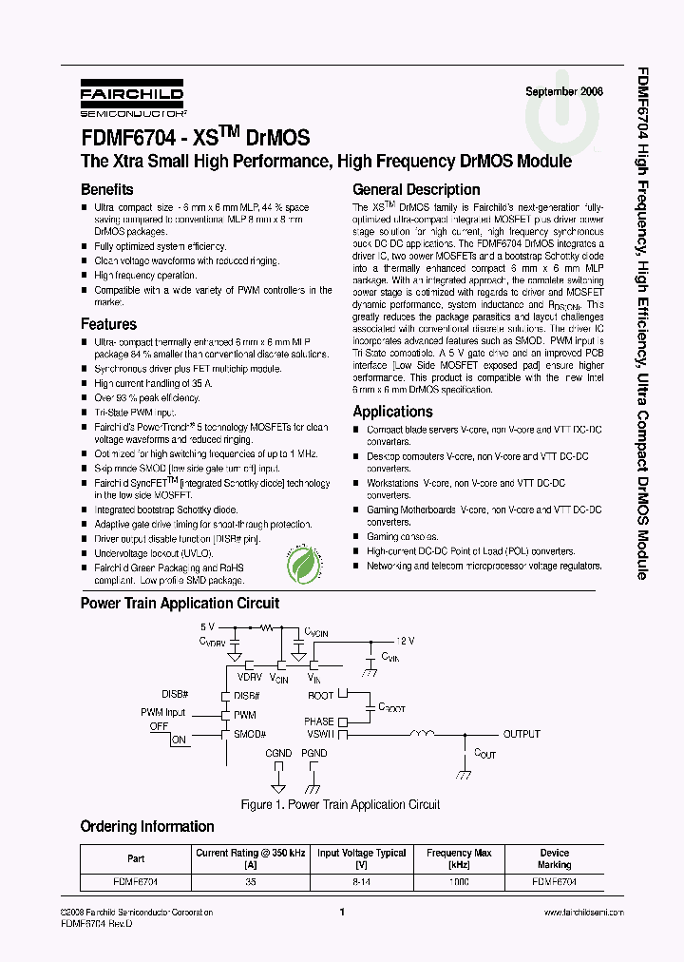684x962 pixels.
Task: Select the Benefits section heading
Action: click(x=106, y=189)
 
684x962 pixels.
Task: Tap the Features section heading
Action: click(x=108, y=324)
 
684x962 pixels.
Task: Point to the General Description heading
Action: click(x=416, y=189)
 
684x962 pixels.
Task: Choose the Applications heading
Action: click(x=392, y=412)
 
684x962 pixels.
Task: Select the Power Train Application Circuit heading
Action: click(x=180, y=603)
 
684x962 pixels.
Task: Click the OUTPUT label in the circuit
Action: click(x=522, y=734)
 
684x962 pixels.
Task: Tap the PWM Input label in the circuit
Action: click(x=163, y=712)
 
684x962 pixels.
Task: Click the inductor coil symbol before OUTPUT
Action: click(x=421, y=733)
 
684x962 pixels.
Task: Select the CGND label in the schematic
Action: click(x=278, y=753)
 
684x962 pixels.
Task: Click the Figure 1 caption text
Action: click(x=340, y=804)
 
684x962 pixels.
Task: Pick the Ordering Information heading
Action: click(x=147, y=826)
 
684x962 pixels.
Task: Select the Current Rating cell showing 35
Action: click(x=251, y=881)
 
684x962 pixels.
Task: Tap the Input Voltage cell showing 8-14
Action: click(x=361, y=881)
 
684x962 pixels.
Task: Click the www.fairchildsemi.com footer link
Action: click(x=583, y=912)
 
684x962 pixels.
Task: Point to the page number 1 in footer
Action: click(x=341, y=912)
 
